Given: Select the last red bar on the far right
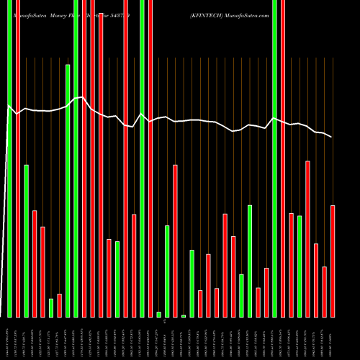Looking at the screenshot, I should (333, 261).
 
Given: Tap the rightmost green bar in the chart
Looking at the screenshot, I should (300, 266).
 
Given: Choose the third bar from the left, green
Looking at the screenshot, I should (27, 240).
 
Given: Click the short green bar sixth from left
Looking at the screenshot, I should (51, 307).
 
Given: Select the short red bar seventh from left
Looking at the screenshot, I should (59, 305).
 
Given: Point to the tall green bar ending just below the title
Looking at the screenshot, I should (68, 191).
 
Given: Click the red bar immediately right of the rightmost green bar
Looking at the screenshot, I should (307, 238).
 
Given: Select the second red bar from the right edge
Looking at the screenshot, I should (324, 292).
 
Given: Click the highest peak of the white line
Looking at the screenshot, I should (84, 97).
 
